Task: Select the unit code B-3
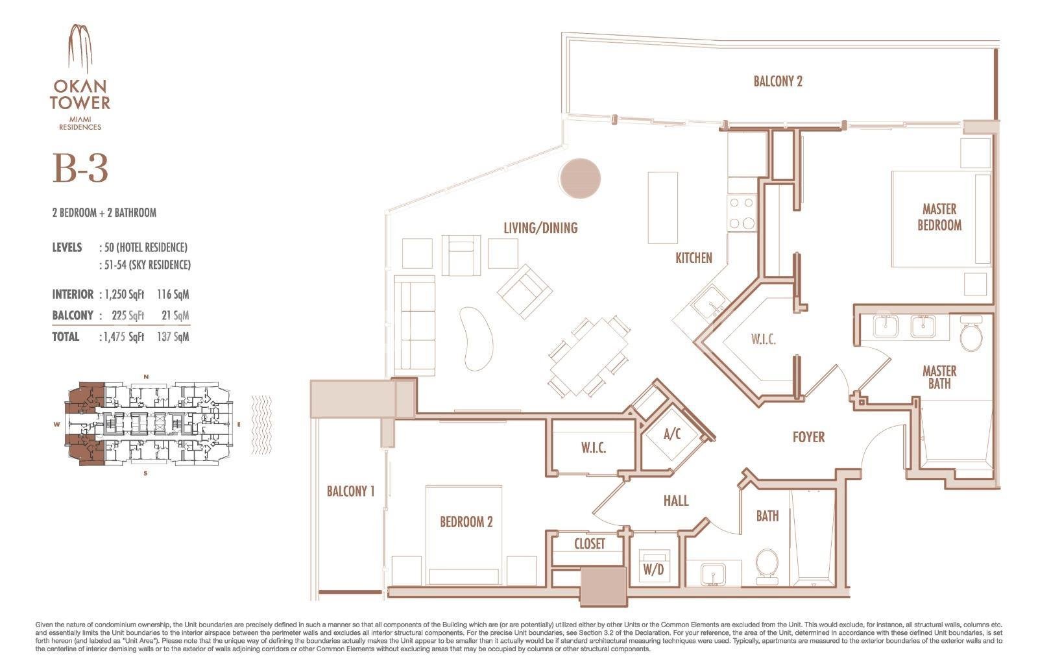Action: (80, 168)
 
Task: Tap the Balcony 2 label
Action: (778, 81)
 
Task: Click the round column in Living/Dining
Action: (580, 179)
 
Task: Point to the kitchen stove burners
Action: (742, 214)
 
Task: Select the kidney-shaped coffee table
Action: (476, 338)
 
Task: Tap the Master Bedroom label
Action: (939, 217)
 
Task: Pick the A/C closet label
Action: (672, 434)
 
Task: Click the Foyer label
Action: (808, 437)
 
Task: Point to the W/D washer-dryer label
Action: (653, 569)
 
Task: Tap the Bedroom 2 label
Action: (466, 522)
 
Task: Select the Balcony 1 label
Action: (350, 491)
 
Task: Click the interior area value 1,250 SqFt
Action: (124, 295)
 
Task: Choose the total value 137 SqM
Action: (173, 337)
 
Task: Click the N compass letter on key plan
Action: (147, 377)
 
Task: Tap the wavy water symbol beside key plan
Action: (261, 425)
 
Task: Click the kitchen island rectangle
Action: (662, 208)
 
